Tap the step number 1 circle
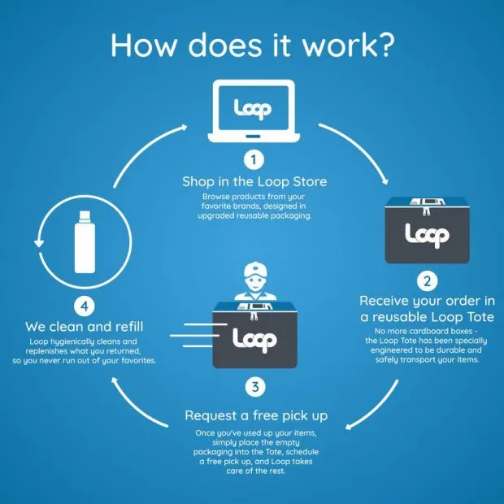click(x=254, y=159)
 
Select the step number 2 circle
click(x=427, y=281)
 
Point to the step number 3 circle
click(x=255, y=387)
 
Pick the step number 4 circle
click(x=85, y=306)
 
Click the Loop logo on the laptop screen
click(x=253, y=109)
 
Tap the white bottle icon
click(x=85, y=241)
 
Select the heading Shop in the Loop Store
click(x=254, y=181)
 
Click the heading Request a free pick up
click(x=256, y=415)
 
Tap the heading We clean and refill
click(x=85, y=327)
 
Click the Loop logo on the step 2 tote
click(x=427, y=236)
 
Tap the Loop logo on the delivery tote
click(x=254, y=340)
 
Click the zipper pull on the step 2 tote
click(x=427, y=211)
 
